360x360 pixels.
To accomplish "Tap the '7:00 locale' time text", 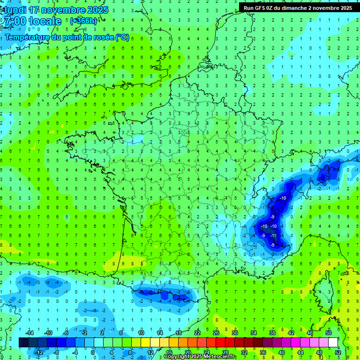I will tap(32, 21).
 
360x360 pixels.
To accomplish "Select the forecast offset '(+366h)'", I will tap(83, 21).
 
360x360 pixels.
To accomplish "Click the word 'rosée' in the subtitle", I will tap(99, 37).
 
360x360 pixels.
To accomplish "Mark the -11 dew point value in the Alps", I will tap(274, 236).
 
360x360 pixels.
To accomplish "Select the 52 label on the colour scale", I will tap(338, 352).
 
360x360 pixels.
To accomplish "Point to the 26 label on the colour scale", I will tap(216, 333).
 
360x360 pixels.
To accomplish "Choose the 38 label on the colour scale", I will tap(272, 333).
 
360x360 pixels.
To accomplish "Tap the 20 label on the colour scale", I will tap(188, 352).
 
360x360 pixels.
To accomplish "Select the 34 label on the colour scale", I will tap(254, 333).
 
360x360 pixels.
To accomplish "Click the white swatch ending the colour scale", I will tap(333, 343).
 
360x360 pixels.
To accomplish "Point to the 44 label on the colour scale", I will tap(300, 352).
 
